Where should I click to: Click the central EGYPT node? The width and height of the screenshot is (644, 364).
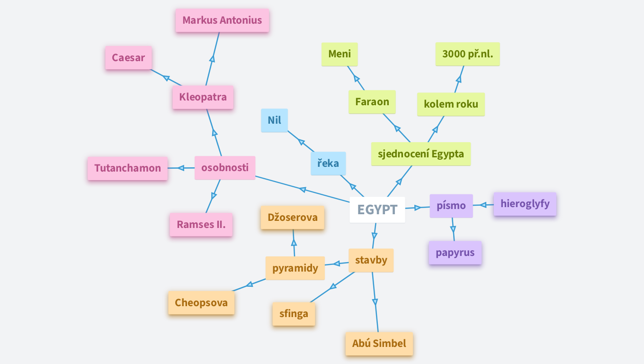pos(377,209)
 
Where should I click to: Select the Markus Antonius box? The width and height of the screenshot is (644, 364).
pos(222,20)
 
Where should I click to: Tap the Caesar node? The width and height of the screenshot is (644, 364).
pos(128,58)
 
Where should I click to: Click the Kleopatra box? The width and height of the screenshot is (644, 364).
pos(203,97)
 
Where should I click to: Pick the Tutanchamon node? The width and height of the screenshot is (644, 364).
pos(127,168)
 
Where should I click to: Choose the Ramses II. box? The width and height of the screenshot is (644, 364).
pos(201,225)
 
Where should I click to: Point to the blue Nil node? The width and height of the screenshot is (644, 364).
pos(274,120)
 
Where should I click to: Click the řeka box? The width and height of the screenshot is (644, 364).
pos(328,164)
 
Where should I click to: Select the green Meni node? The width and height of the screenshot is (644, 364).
pos(340,54)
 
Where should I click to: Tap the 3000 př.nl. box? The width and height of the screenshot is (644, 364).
pos(467,54)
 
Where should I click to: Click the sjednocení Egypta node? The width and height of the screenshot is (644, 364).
pos(421,154)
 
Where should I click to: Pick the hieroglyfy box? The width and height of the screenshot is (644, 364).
pos(525,204)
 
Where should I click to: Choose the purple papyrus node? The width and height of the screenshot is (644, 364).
pos(455,253)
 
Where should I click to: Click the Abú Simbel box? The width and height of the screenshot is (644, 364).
pos(379,344)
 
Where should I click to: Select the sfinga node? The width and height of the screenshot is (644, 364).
pos(294,314)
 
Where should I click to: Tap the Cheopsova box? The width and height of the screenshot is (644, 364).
pos(201,303)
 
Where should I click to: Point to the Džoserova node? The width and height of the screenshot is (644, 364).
pos(292,218)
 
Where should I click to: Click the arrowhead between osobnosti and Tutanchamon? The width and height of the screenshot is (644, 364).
pos(180,168)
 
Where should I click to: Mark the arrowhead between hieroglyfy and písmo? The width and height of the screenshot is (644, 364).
pos(483,205)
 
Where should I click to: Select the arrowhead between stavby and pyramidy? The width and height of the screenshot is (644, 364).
pos(337,264)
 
